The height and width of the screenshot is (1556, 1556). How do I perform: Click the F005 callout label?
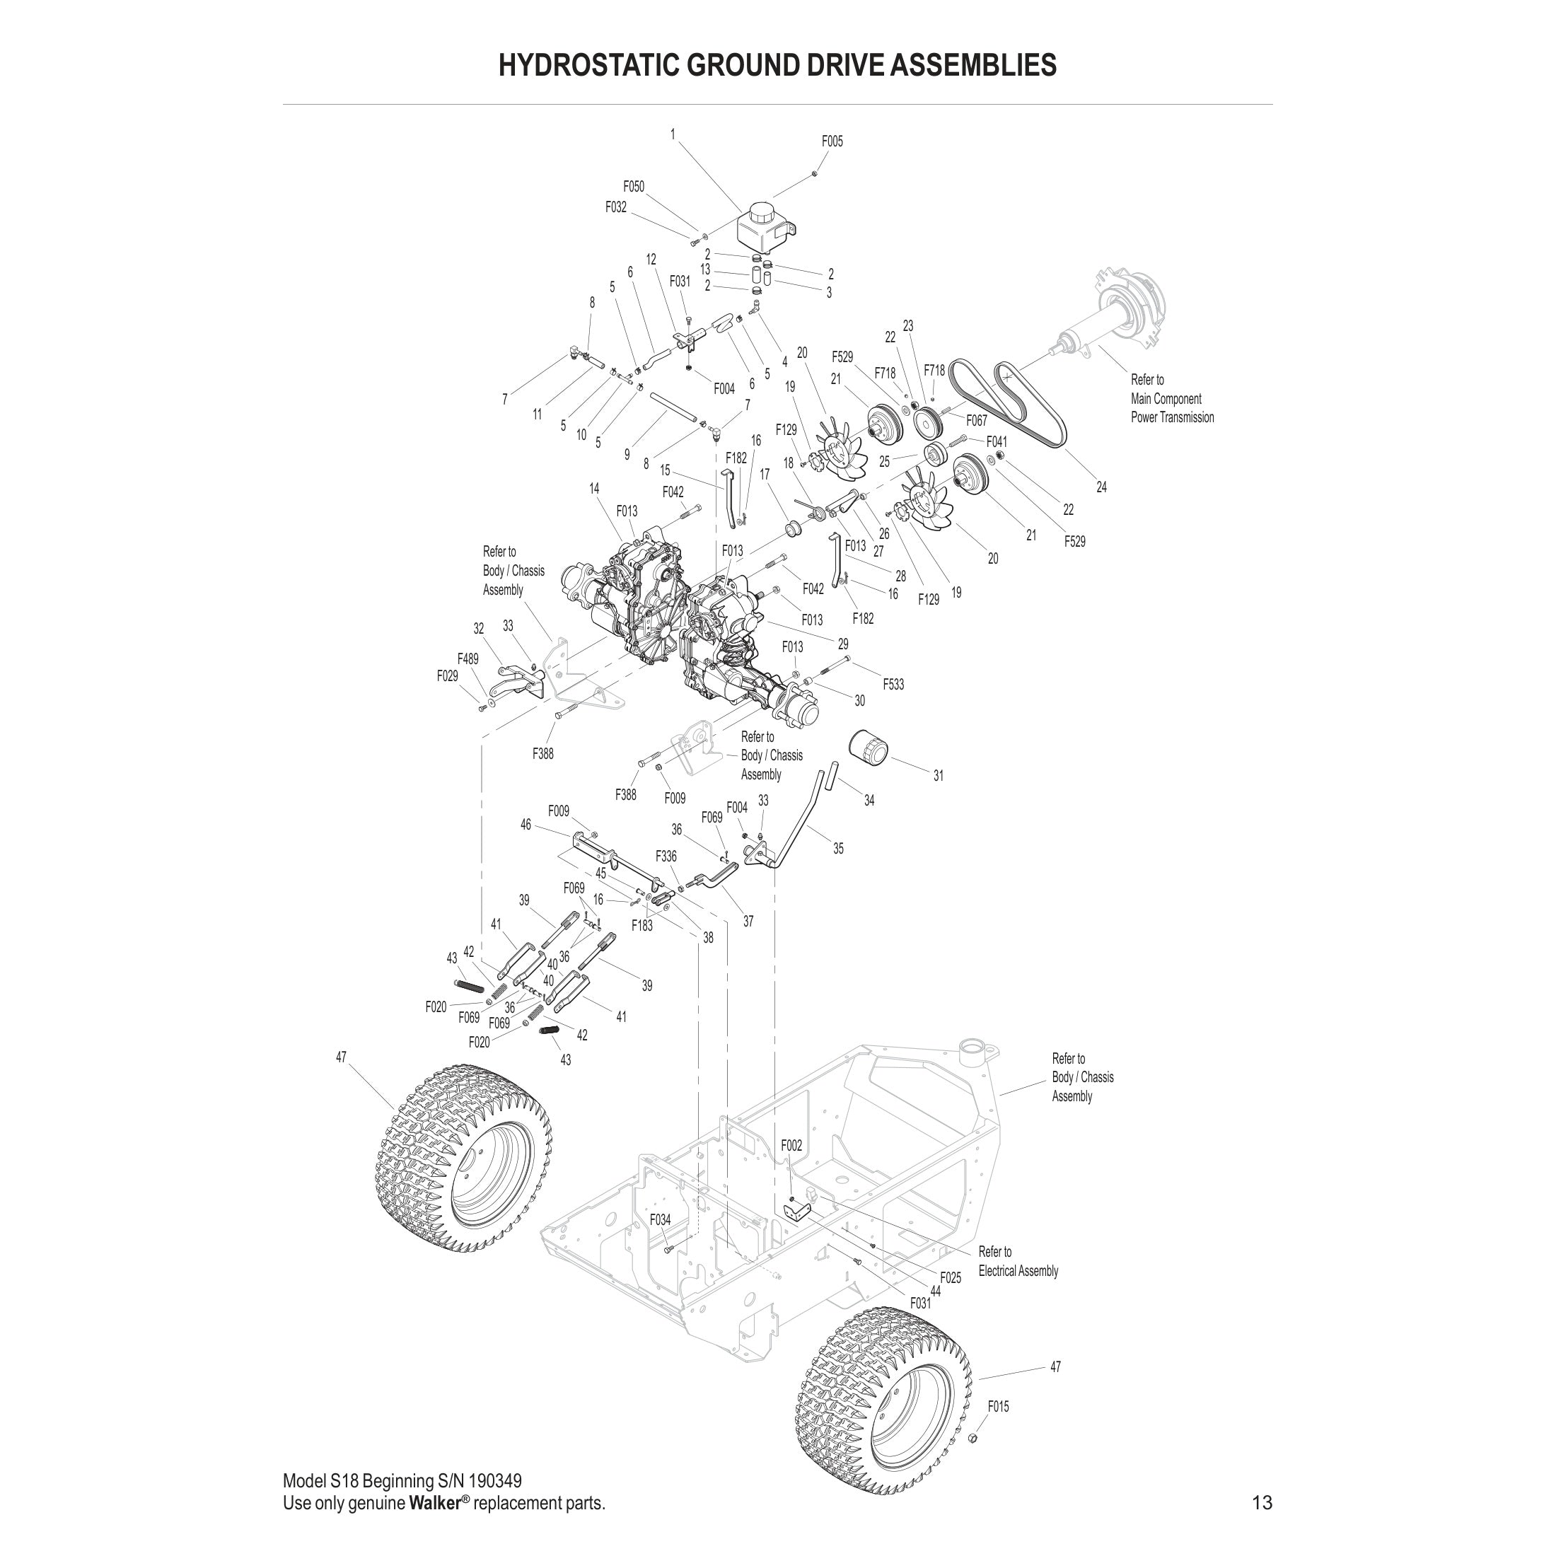click(832, 141)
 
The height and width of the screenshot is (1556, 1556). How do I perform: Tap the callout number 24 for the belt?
click(1101, 487)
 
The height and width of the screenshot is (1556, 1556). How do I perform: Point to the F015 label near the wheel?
click(998, 1406)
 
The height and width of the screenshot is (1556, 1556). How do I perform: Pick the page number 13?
click(1262, 1503)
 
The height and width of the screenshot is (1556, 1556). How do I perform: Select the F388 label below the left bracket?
click(542, 754)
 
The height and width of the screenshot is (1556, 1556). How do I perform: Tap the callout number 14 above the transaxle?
click(594, 488)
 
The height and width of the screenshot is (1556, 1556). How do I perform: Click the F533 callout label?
click(893, 685)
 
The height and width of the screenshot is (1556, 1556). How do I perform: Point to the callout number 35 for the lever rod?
click(838, 849)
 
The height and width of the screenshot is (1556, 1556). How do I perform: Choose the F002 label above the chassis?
click(791, 1145)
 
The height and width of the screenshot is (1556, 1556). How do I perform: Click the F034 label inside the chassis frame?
click(660, 1220)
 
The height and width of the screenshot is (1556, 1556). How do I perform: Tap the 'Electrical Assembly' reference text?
click(1018, 1271)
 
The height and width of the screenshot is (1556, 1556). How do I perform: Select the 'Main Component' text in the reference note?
click(1166, 399)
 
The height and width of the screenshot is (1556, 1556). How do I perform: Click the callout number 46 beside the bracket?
click(526, 825)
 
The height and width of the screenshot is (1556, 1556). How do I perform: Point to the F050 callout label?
click(634, 187)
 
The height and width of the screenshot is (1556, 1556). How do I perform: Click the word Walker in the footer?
click(434, 1504)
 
